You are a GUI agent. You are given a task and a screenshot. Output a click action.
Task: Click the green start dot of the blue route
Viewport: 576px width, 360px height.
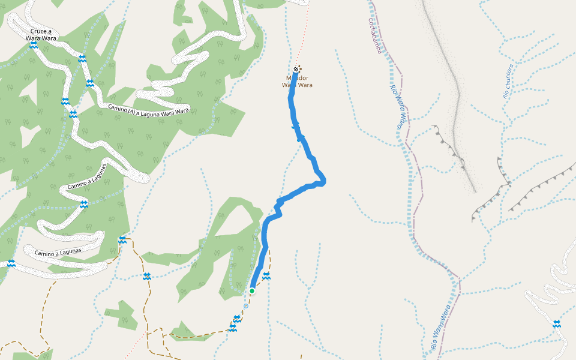252,291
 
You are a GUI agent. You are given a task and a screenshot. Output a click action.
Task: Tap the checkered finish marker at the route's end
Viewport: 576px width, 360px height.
297,69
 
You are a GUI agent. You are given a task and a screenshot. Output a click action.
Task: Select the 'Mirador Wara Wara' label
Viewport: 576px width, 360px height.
297,82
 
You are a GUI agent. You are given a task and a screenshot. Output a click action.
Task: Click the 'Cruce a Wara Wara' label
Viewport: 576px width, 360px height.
41,34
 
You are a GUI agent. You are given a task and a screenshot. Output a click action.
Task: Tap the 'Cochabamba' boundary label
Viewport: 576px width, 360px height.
375,36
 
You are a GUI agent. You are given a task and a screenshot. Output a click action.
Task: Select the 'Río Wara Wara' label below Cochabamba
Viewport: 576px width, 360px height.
398,107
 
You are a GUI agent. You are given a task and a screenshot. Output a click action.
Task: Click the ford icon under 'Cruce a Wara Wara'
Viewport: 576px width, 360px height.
34,45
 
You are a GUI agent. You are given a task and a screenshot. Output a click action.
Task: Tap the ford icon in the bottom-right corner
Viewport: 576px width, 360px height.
557,324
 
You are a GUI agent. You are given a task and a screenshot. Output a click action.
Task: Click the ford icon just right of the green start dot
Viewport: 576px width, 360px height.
266,275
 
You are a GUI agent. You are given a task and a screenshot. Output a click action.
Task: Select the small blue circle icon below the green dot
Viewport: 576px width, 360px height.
245,306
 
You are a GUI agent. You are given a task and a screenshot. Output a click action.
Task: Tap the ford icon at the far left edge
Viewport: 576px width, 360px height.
11,263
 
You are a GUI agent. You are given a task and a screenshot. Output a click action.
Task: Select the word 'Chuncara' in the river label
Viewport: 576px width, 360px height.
509,76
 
